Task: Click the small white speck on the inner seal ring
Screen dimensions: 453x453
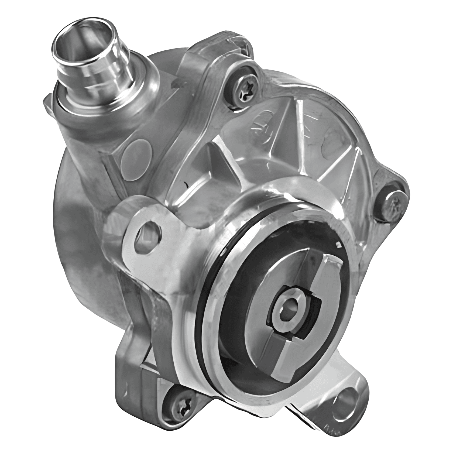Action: coord(338,245)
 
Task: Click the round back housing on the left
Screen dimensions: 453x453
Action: coord(81,216)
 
